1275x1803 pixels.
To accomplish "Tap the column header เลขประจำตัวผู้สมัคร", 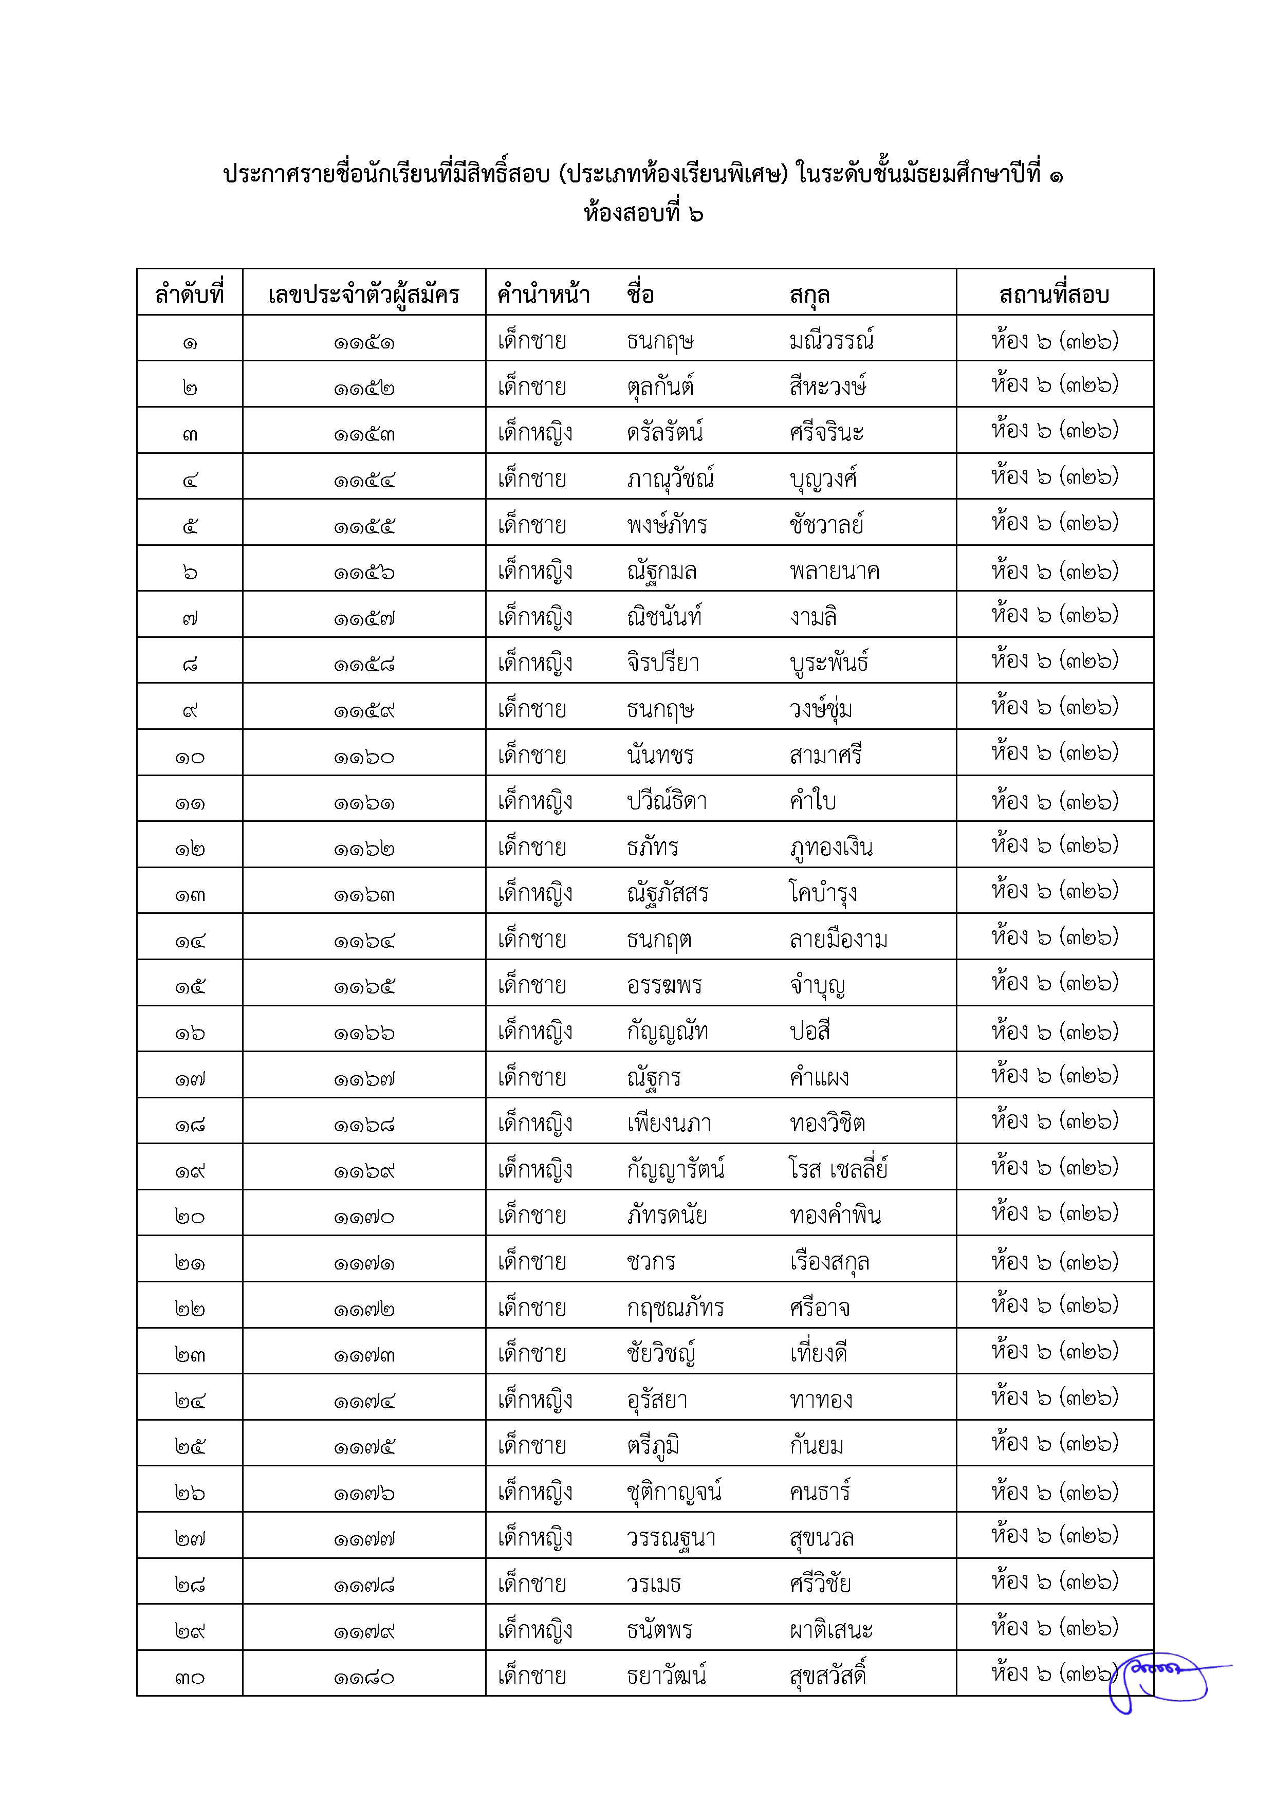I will [x=363, y=295].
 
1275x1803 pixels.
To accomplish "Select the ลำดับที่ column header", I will [x=189, y=295].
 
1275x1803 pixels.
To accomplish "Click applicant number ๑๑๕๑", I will [x=363, y=342].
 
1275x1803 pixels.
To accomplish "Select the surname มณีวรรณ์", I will [x=831, y=341].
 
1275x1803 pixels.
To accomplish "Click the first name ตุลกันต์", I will [x=659, y=387].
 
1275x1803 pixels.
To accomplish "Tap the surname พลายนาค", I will [x=834, y=571].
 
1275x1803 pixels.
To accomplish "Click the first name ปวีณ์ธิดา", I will [x=667, y=801].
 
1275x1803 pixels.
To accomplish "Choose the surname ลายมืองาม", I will [x=839, y=939].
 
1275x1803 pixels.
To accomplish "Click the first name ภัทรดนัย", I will [x=667, y=1216].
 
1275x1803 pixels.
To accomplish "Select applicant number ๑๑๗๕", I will [x=363, y=1446].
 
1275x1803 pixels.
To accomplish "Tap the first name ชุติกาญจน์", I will [x=674, y=1491].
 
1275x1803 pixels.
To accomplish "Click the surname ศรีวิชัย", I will [x=820, y=1584].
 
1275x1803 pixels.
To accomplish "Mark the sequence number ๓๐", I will [x=189, y=1677].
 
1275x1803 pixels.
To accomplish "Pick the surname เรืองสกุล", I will [x=829, y=1262].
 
